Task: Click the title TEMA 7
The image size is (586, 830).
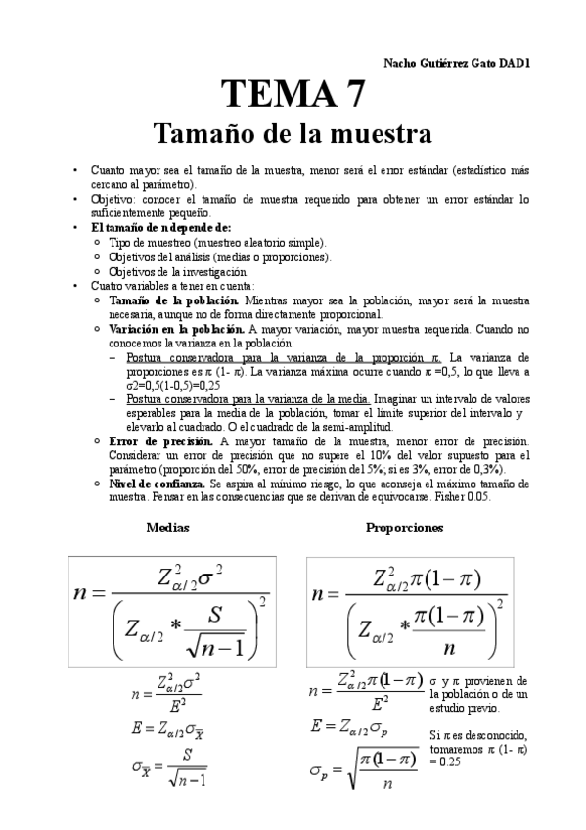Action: tap(294, 95)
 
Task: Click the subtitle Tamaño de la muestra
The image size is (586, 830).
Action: tap(293, 131)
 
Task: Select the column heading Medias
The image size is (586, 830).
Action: tap(167, 528)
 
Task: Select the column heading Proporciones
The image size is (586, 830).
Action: tap(404, 528)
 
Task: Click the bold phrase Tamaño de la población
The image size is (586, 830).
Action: tap(173, 300)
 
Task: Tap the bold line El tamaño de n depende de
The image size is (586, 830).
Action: tap(147, 227)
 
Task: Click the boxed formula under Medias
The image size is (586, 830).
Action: tap(169, 609)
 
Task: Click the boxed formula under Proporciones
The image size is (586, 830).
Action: tap(409, 611)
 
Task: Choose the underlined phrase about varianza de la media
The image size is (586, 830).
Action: tap(248, 399)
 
